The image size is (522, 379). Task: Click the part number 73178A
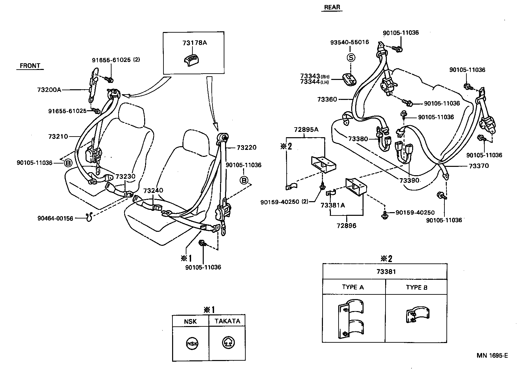click(x=194, y=43)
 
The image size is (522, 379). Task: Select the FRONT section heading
click(x=30, y=66)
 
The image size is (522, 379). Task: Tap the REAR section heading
click(x=332, y=7)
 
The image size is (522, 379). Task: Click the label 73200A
click(x=49, y=90)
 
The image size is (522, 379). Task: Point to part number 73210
click(x=58, y=136)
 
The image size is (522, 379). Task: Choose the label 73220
click(x=247, y=148)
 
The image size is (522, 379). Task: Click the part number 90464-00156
click(x=55, y=218)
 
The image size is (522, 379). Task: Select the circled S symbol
click(x=351, y=58)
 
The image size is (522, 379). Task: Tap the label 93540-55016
click(x=350, y=42)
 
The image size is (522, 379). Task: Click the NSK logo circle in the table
click(x=191, y=344)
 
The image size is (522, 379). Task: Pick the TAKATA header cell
click(x=227, y=321)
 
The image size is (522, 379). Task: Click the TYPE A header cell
click(x=353, y=287)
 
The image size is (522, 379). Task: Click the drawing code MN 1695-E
click(x=492, y=355)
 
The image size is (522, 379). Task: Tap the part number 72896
click(x=346, y=225)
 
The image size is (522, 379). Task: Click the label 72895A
click(x=306, y=130)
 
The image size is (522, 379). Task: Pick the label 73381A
click(x=333, y=205)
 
